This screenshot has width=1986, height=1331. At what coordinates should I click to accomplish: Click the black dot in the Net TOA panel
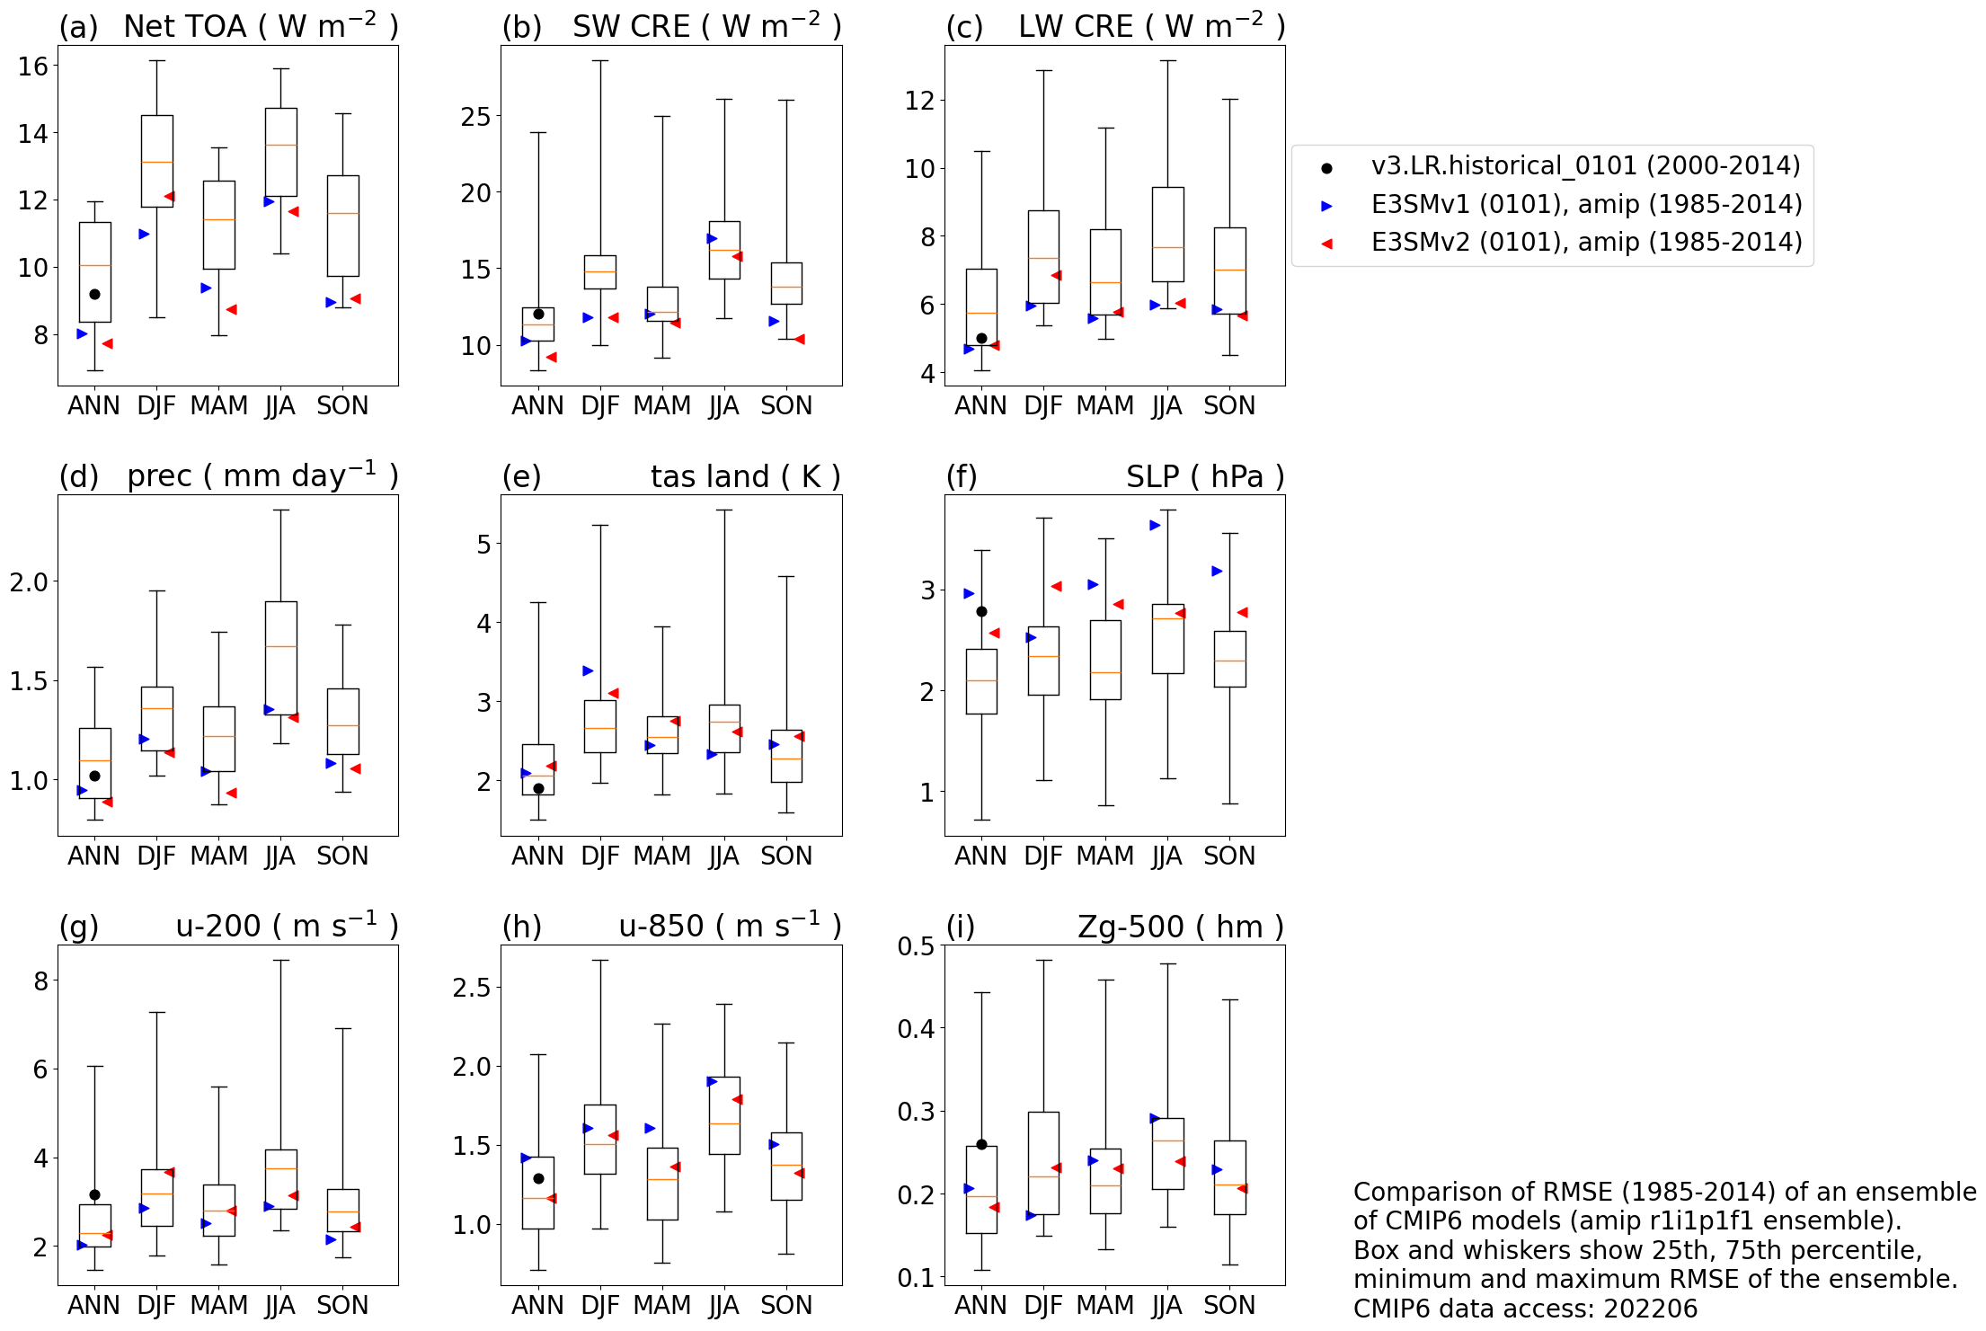pos(94,294)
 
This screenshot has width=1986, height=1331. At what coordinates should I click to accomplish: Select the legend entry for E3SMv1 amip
pos(1585,205)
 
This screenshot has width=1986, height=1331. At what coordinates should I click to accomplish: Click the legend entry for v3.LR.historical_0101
pos(1585,166)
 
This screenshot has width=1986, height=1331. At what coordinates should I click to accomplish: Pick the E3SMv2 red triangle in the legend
pos(1326,244)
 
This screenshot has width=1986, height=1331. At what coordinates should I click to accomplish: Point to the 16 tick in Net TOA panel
pos(33,66)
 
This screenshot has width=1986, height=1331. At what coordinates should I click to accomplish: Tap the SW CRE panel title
pos(706,27)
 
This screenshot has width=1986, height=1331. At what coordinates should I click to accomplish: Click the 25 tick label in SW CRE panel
pos(475,117)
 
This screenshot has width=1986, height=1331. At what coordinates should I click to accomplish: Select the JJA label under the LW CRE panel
pos(1166,406)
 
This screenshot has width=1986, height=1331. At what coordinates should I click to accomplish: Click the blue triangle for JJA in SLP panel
pos(1155,525)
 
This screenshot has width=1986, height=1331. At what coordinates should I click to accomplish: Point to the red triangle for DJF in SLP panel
pos(1057,586)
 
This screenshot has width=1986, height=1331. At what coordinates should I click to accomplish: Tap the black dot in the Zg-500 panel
pos(981,1144)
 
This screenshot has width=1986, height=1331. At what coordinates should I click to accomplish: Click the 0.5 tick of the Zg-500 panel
pos(916,945)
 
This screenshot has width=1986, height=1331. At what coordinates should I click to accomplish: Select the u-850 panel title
pos(730,927)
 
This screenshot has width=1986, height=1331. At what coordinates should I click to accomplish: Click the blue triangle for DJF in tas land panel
pos(588,670)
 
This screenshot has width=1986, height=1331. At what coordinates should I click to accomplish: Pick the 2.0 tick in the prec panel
pos(29,582)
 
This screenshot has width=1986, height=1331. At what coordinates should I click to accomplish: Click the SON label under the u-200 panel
pos(342,1305)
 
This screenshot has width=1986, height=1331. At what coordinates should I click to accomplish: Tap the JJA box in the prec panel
pos(281,658)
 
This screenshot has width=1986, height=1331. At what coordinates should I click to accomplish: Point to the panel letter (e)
pos(521,476)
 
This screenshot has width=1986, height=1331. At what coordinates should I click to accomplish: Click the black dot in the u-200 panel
pos(94,1194)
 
